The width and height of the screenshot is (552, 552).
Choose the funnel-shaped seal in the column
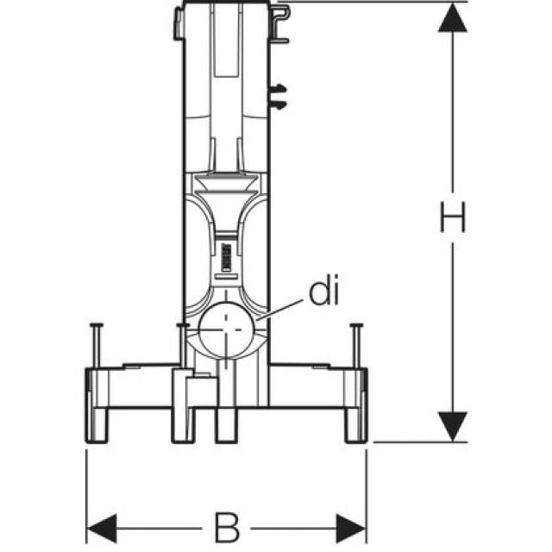(225, 183)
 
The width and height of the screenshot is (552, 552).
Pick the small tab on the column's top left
(177, 21)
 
